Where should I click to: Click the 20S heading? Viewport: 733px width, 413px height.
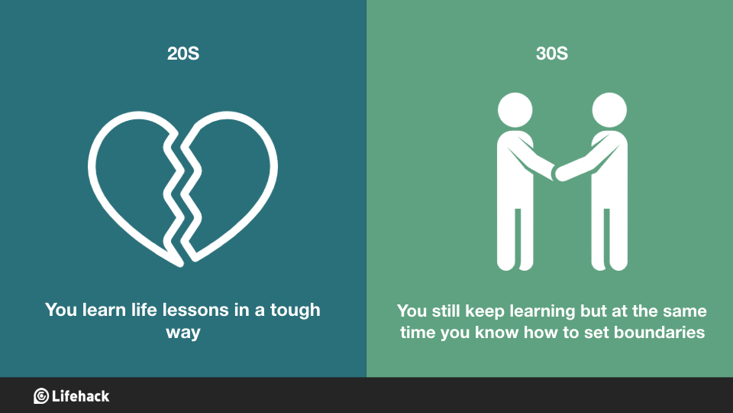[183, 54]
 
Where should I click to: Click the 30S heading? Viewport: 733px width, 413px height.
[551, 54]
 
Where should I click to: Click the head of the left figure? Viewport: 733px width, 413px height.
[515, 110]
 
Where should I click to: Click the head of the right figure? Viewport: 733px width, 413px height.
[609, 110]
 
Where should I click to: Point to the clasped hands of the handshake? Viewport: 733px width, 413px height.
[555, 173]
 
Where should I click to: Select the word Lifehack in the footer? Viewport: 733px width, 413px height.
[80, 396]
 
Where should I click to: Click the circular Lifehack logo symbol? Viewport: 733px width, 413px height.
[41, 396]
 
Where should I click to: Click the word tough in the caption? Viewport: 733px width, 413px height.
[295, 311]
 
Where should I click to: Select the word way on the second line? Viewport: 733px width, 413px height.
[183, 333]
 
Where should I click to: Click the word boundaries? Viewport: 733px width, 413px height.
[659, 332]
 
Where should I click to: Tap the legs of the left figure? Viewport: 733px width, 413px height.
[515, 239]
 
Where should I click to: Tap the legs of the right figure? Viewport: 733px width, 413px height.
[609, 239]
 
